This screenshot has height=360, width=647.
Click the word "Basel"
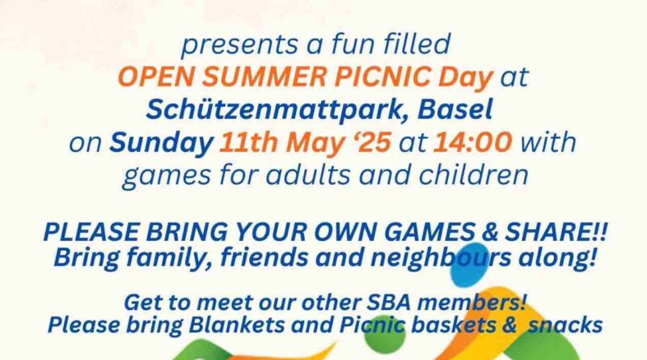click(x=455, y=109)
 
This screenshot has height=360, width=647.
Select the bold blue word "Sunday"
click(x=161, y=143)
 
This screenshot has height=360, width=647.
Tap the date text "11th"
click(x=248, y=142)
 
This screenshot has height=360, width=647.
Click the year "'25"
click(x=372, y=142)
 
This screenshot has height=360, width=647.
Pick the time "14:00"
click(x=473, y=142)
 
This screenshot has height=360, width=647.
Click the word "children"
click(x=474, y=175)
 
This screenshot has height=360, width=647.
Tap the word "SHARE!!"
click(x=556, y=231)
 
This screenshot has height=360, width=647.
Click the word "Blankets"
click(x=237, y=325)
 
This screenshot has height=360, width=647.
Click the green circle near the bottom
click(x=385, y=337)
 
